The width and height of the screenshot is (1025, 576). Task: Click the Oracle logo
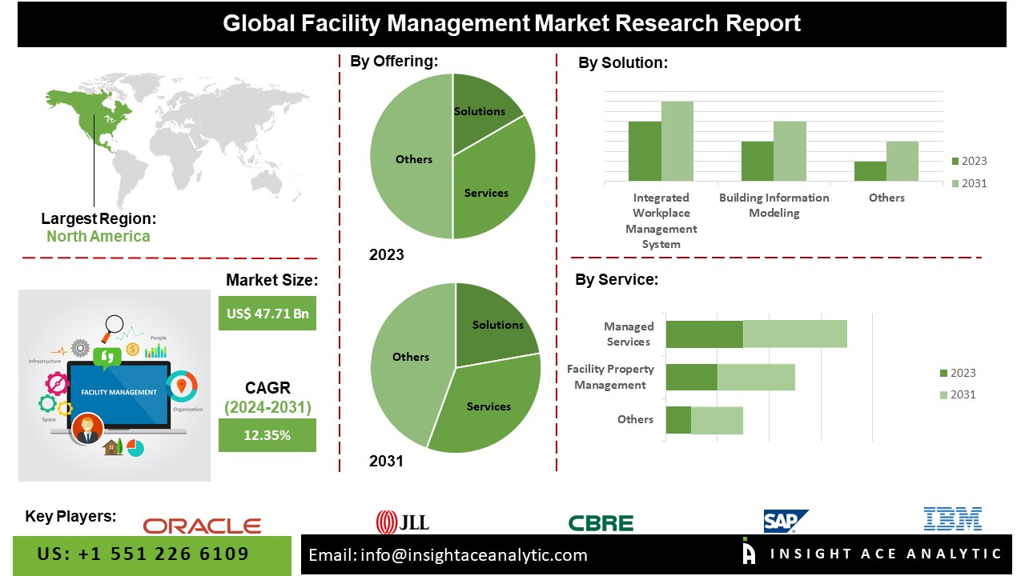[x=202, y=526]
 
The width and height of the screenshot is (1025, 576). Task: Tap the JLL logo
[x=403, y=522]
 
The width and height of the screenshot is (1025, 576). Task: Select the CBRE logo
[x=601, y=523]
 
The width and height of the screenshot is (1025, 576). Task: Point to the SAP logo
[x=785, y=521]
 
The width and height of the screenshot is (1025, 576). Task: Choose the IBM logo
[x=952, y=519]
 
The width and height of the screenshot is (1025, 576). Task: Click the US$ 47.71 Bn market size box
[x=267, y=314]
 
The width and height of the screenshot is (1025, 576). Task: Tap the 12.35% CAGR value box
[x=267, y=435]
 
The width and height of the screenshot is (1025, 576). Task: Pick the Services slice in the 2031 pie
[x=488, y=404]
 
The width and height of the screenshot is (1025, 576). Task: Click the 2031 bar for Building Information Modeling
[x=790, y=151]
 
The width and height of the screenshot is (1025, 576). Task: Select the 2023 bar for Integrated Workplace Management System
[x=645, y=151]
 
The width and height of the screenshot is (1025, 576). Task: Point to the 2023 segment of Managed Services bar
[x=704, y=334]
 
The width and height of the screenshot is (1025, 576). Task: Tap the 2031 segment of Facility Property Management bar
[x=756, y=377]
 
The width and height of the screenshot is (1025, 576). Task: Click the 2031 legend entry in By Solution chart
[x=969, y=183]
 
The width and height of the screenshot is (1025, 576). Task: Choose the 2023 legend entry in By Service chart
[x=957, y=373]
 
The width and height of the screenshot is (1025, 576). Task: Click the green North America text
[x=98, y=236]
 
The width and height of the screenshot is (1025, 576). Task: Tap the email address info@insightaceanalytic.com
[x=473, y=555]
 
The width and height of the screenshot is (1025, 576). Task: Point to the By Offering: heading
[x=394, y=61]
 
